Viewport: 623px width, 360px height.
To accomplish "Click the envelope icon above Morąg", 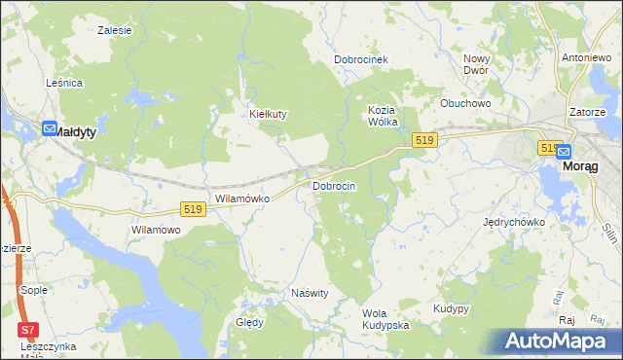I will click(564, 151).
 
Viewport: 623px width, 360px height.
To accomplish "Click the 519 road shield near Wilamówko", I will click(192, 209).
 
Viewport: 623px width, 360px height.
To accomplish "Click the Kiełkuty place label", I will click(269, 114).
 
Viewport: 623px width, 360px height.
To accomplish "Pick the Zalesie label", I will click(115, 30).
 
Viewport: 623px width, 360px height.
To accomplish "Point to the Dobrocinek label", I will click(361, 59).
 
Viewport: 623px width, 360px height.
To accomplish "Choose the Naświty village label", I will click(311, 292).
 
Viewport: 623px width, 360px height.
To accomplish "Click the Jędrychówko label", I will click(514, 222).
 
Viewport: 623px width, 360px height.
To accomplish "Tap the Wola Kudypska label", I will click(385, 319).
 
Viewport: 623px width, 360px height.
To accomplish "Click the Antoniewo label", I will click(586, 57).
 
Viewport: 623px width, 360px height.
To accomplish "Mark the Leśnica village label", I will click(64, 84).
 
